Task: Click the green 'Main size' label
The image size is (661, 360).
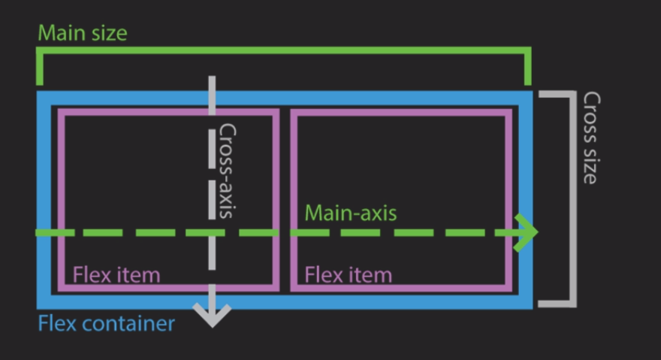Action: click(83, 33)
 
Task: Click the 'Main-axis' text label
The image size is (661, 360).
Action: click(350, 213)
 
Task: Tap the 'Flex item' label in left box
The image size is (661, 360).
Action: click(116, 274)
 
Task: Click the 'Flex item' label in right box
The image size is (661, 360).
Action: click(348, 274)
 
